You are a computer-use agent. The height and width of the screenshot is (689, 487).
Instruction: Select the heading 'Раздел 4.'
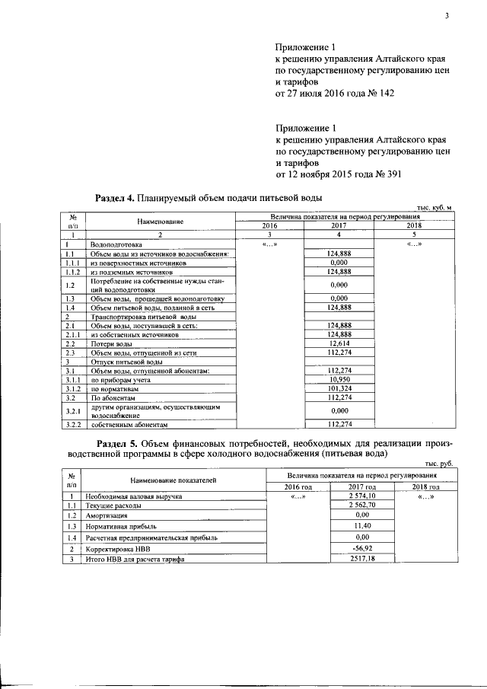click(114, 198)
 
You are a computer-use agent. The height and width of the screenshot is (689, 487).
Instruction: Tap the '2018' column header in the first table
click(413, 226)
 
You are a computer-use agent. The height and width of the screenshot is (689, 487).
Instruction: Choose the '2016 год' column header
click(298, 486)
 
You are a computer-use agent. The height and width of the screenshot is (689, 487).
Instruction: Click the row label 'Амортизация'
click(107, 515)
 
